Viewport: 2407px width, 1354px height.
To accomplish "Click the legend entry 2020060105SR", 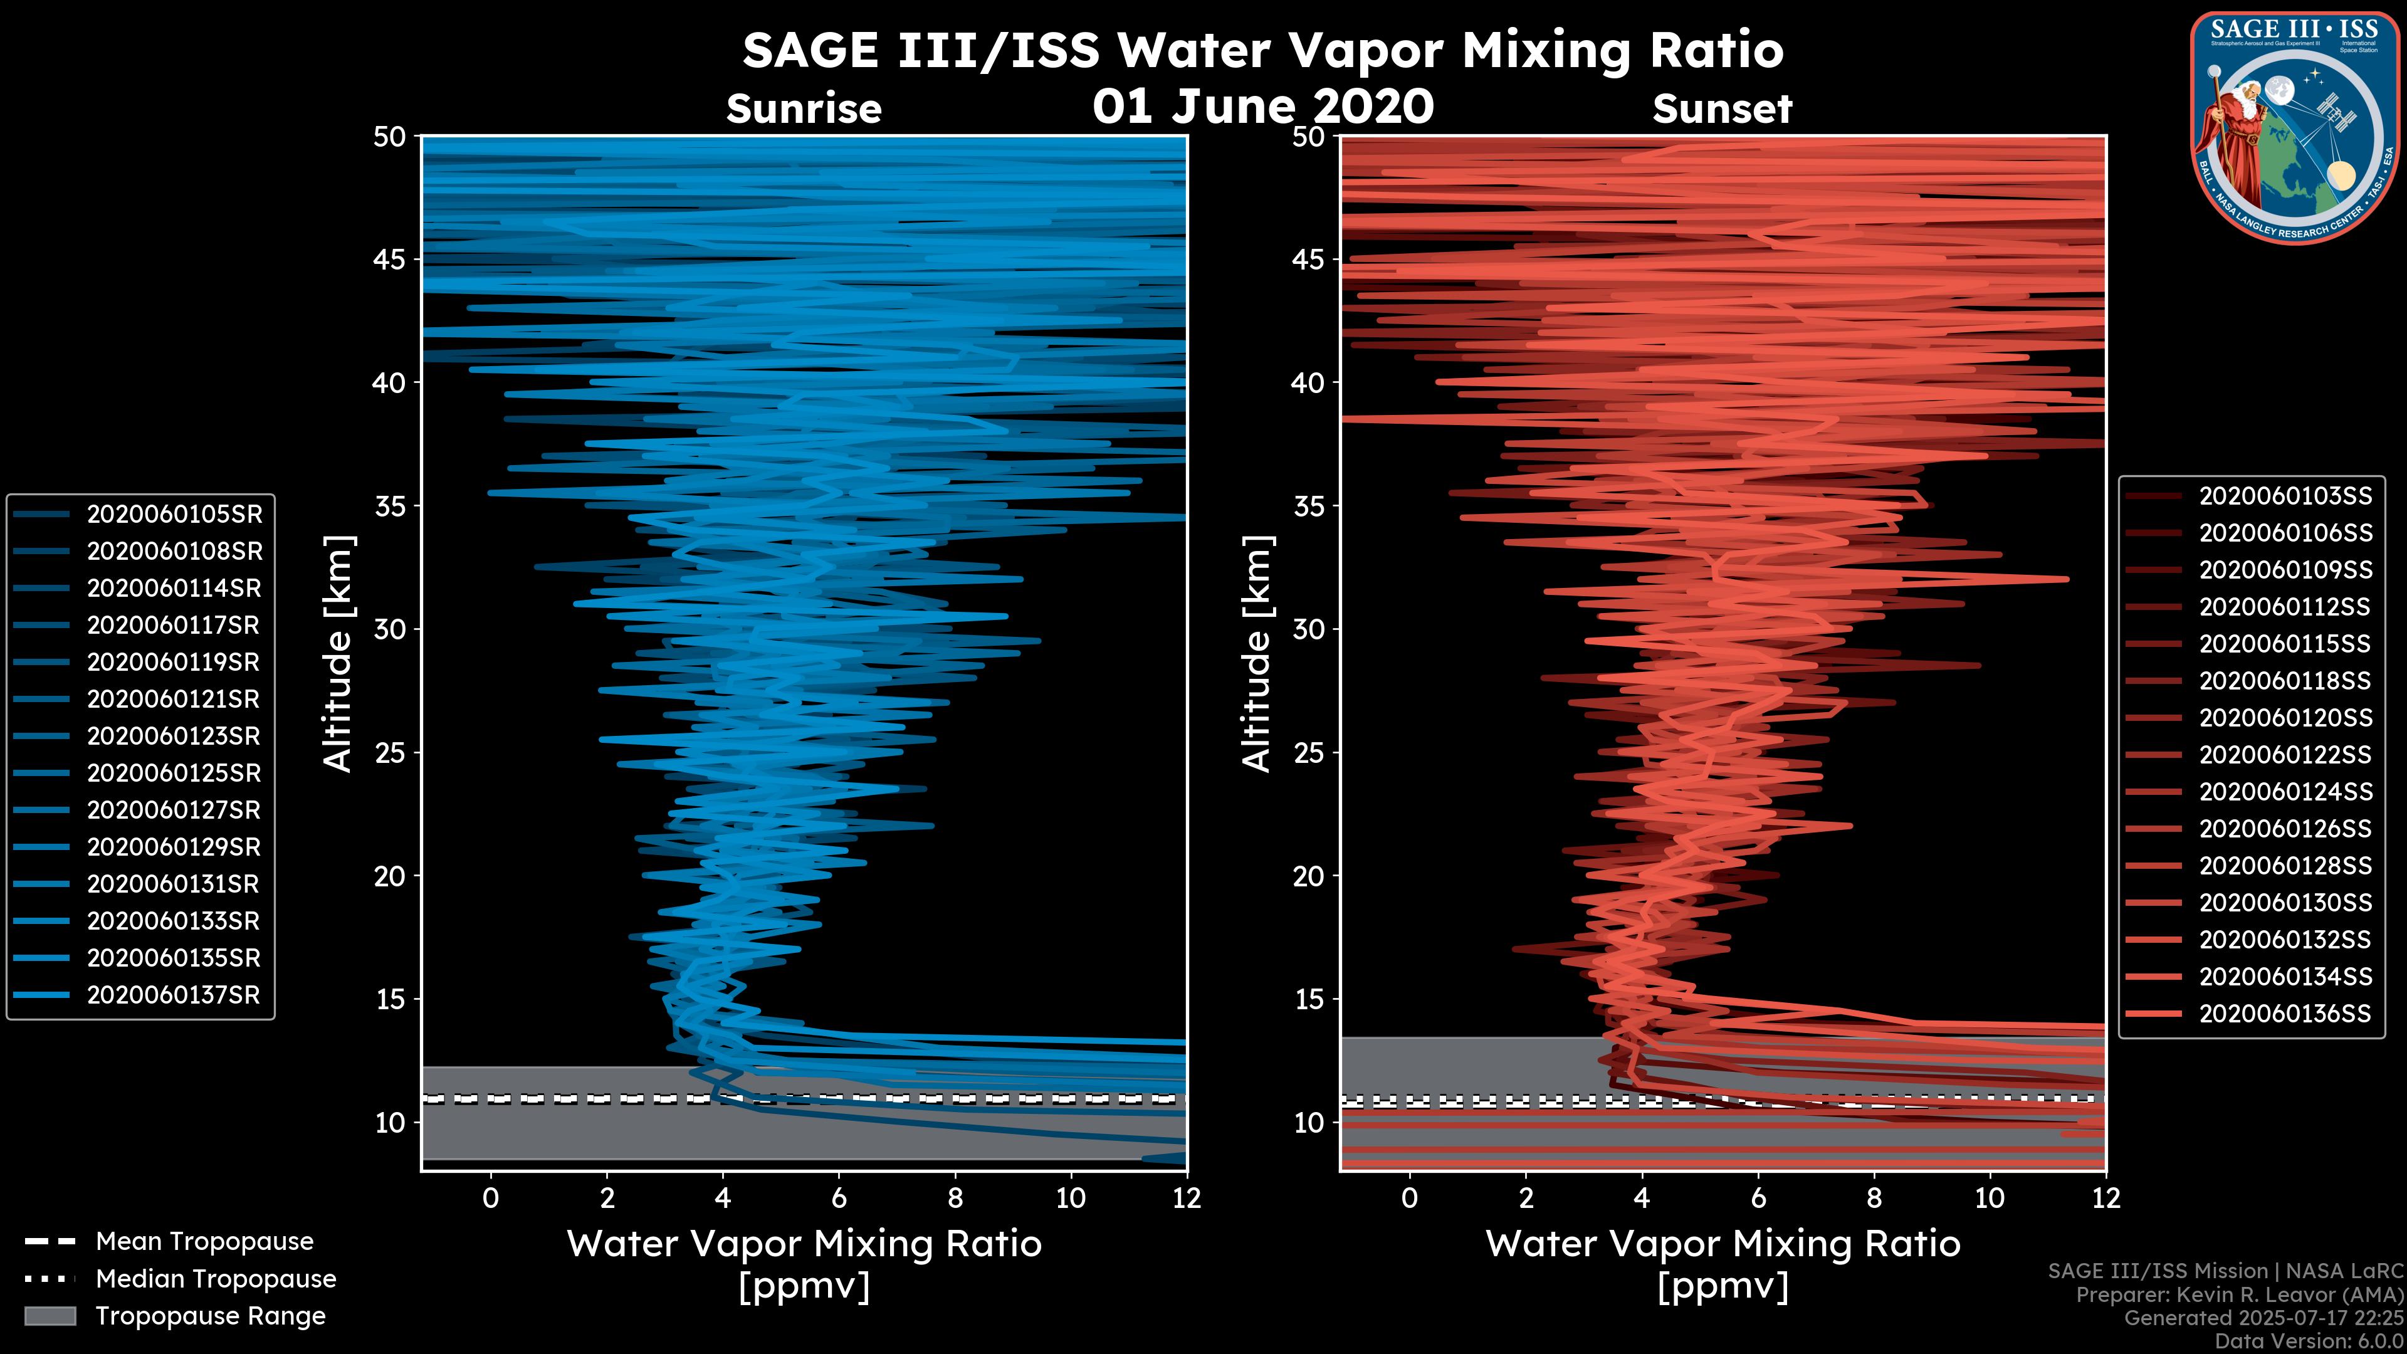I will point(174,514).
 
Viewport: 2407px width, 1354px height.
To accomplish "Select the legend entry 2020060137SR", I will point(174,995).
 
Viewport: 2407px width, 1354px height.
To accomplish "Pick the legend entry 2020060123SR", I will point(174,737).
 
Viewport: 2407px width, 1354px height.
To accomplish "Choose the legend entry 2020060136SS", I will point(2285,1014).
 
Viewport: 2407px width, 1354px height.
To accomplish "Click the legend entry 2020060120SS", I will point(2285,718).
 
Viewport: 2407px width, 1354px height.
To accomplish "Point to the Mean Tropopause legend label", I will point(204,1242).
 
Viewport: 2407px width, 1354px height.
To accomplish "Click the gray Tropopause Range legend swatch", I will point(50,1316).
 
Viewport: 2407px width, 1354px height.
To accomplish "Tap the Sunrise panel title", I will point(804,108).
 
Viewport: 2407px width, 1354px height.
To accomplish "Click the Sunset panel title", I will point(1722,108).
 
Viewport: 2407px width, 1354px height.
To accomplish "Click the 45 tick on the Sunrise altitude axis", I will point(391,259).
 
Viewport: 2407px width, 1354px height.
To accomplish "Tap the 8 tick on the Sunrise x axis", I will point(954,1198).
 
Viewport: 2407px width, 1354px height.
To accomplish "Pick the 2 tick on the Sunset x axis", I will point(1525,1198).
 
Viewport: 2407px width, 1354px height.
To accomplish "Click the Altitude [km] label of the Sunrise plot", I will point(338,653).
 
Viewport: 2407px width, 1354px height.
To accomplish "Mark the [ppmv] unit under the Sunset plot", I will point(1722,1287).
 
